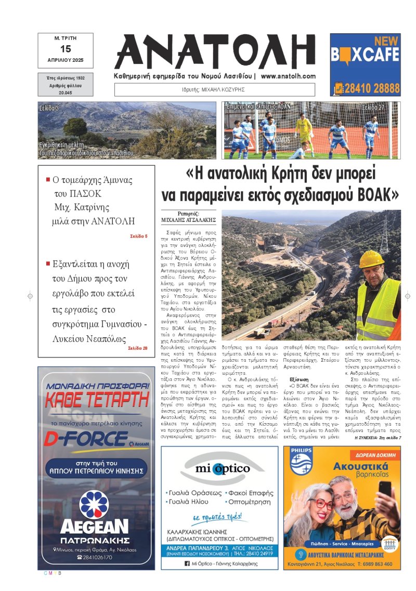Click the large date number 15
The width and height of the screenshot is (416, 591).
pyautogui.click(x=66, y=49)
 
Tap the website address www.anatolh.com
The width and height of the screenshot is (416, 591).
pyautogui.click(x=288, y=76)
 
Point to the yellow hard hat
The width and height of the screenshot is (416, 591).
pyautogui.click(x=371, y=258)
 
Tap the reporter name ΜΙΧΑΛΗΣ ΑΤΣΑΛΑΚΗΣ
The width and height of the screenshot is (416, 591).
pyautogui.click(x=189, y=220)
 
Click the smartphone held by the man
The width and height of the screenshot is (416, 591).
pyautogui.click(x=384, y=488)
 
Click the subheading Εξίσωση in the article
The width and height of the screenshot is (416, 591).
pyautogui.click(x=300, y=380)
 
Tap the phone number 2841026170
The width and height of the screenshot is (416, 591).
pyautogui.click(x=98, y=557)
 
